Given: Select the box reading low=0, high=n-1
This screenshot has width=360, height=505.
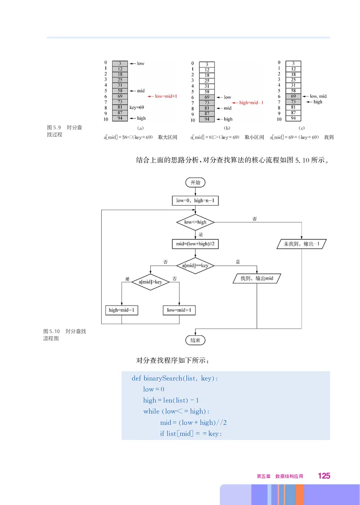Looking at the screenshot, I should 195,200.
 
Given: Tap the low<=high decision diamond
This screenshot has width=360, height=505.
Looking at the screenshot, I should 195,222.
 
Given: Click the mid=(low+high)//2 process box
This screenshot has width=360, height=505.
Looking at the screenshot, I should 195,244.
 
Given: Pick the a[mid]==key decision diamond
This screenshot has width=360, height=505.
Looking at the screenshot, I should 195,266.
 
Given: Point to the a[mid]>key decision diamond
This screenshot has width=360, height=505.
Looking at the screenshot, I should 150,282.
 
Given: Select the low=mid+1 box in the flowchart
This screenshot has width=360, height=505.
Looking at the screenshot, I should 179,310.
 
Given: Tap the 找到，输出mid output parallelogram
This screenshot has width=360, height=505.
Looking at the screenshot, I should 257,279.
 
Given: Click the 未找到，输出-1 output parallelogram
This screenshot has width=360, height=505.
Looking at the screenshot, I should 301,244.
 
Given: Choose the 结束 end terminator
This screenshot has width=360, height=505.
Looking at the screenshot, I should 195,340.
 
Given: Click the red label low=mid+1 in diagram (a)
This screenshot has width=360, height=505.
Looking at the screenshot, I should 163,96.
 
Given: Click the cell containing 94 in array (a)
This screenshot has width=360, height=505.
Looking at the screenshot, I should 120,118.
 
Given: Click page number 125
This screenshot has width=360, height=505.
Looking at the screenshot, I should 324,476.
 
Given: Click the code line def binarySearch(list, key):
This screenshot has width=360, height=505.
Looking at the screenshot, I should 175,379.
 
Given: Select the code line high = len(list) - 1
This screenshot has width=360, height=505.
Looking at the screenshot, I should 171,400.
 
